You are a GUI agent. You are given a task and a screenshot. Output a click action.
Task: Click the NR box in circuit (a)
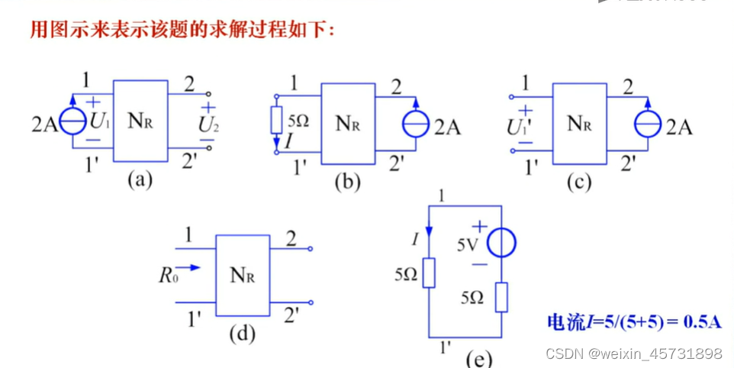point(140,121)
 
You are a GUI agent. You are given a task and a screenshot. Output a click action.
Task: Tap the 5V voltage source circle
point(502,243)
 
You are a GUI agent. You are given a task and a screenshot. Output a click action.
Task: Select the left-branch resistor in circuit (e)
point(429,273)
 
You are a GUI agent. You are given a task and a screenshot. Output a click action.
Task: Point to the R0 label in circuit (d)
point(168,275)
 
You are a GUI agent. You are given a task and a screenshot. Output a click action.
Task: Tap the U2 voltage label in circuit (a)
point(208,125)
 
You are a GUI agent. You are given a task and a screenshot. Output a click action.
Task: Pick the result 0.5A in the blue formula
point(702,321)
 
